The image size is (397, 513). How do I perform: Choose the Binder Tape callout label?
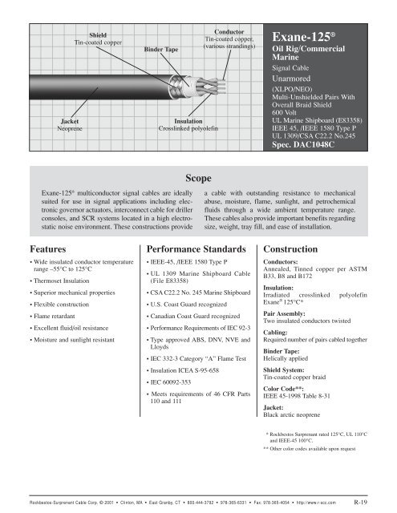point(165,49)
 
